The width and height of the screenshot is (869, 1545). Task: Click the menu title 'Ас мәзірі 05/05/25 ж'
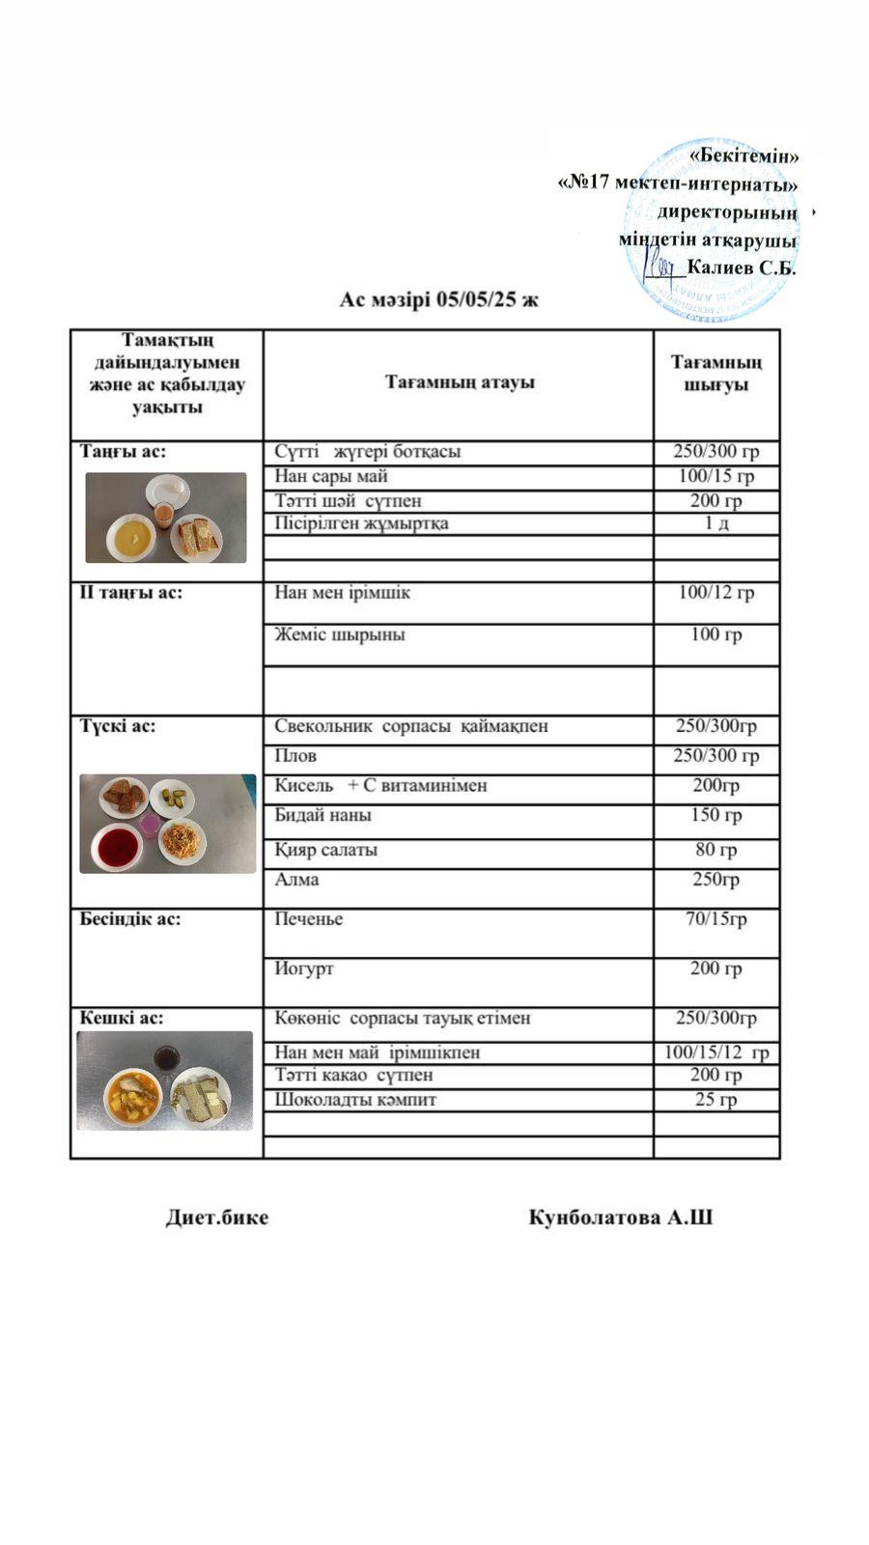(438, 299)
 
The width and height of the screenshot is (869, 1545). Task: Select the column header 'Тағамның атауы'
(460, 382)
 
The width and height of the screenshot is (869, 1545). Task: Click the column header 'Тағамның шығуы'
(715, 373)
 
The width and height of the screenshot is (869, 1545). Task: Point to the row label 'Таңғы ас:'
(123, 451)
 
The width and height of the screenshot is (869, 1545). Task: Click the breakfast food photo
(166, 518)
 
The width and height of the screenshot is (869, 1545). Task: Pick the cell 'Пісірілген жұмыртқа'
(361, 523)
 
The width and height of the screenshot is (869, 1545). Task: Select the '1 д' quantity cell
(715, 523)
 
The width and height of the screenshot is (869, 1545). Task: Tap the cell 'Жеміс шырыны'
(339, 634)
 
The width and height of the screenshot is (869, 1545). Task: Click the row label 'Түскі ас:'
(118, 726)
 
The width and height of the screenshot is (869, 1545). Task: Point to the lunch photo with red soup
(168, 824)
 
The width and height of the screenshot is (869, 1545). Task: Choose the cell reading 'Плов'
(295, 755)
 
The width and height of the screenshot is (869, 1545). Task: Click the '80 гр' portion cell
(715, 850)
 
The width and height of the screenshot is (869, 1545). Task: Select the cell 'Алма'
(296, 880)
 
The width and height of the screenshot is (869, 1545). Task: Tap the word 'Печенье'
(309, 918)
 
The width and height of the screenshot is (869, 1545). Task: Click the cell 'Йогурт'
(304, 969)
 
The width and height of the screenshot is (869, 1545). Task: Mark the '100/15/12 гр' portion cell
(715, 1053)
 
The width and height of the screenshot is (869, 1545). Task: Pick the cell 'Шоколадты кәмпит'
(355, 1099)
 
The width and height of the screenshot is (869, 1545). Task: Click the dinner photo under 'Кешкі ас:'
(165, 1081)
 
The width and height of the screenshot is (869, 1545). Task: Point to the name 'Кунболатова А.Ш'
(621, 1218)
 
